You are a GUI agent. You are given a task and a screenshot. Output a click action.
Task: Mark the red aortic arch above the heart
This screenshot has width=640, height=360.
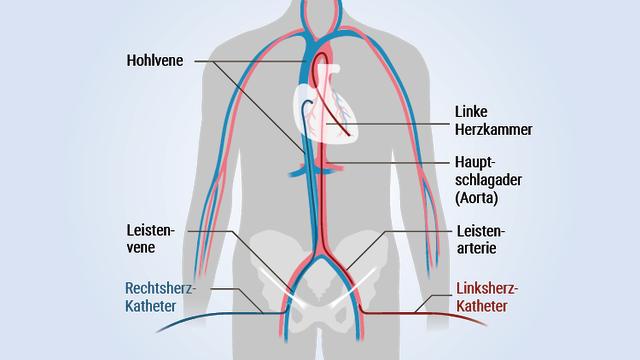click(319, 63)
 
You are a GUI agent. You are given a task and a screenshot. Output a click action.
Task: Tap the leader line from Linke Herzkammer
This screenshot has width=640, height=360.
click(400, 122)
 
